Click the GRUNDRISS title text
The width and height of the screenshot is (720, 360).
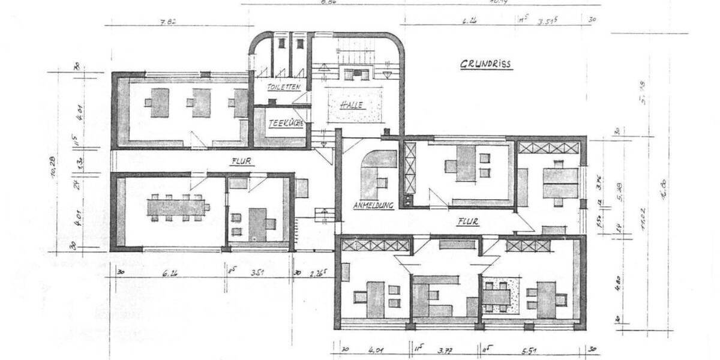point(487,64)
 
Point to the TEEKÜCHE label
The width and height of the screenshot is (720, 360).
point(285,122)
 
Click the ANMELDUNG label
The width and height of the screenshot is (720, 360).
point(373,205)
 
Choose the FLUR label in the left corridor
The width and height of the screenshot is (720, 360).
point(242,161)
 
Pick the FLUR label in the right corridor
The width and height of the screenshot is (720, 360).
point(467,221)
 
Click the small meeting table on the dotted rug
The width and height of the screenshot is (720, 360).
point(496,296)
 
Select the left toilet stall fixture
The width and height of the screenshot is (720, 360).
point(280,43)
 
